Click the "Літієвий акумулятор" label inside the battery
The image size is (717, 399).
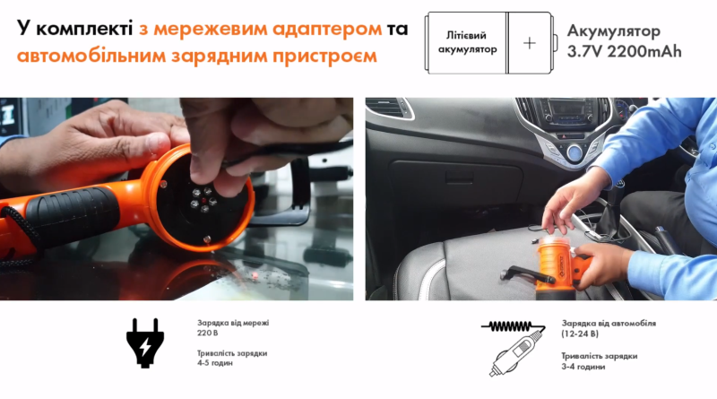[466, 42]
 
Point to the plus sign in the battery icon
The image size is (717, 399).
[531, 42]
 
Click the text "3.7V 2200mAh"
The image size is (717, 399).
[624, 52]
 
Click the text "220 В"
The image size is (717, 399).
[209, 332]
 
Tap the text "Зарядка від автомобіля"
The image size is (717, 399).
[609, 322]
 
